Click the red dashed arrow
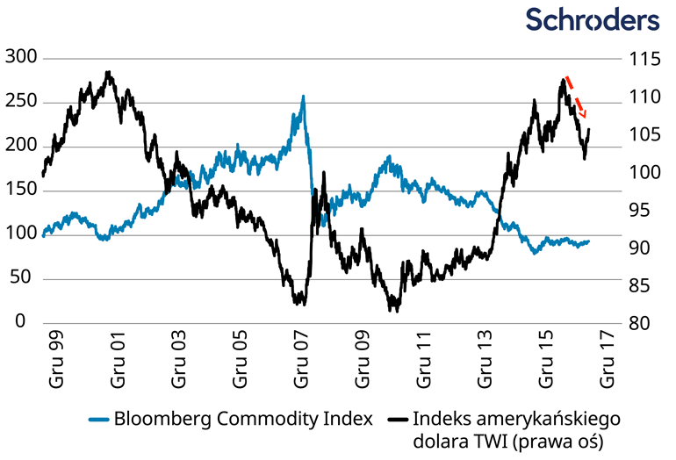coord(577,97)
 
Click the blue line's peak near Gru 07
coord(303,97)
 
